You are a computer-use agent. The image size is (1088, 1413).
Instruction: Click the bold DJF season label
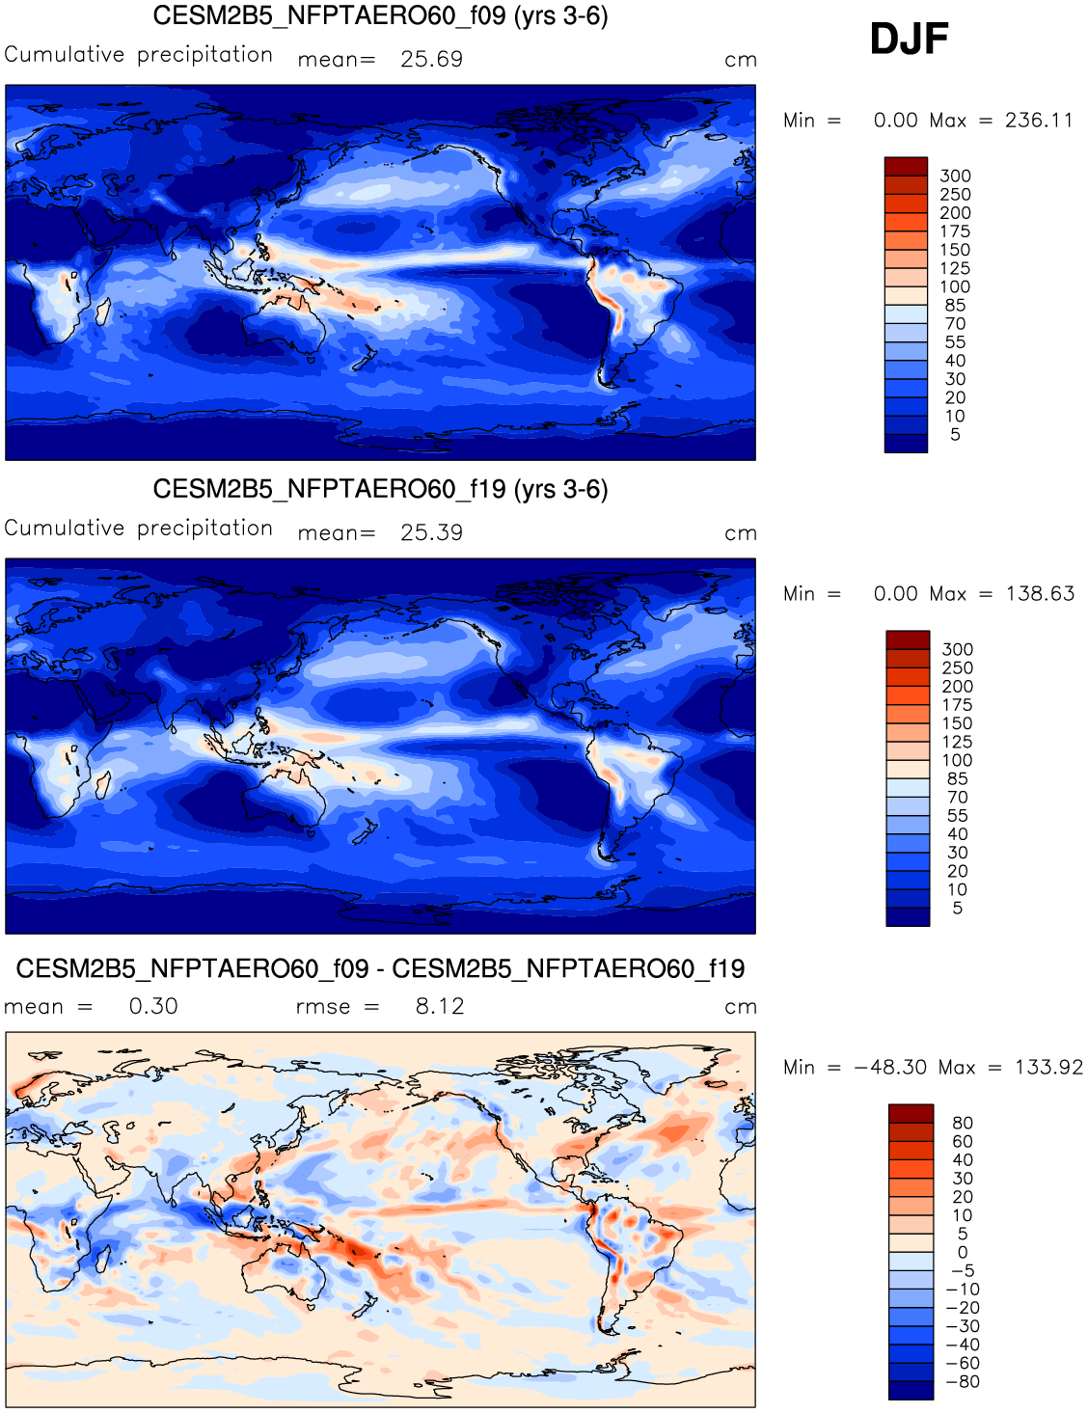tap(909, 40)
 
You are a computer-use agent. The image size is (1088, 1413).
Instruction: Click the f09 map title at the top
tap(380, 16)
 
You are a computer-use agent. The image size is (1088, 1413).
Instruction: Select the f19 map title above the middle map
tap(380, 490)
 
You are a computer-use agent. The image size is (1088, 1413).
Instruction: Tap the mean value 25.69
tap(431, 60)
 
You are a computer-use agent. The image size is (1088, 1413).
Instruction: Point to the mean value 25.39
tap(431, 533)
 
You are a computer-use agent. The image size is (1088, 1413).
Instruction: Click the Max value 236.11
tap(1039, 121)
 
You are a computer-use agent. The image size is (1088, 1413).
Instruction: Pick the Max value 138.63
tap(1040, 594)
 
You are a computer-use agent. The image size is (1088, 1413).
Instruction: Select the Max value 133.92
tap(1048, 1068)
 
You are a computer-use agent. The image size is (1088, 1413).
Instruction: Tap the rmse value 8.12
tap(440, 1007)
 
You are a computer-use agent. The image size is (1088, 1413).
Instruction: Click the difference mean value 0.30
tap(153, 1007)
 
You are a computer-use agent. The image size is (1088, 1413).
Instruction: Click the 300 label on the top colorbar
tap(955, 177)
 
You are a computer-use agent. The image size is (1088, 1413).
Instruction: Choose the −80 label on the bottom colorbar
tap(963, 1382)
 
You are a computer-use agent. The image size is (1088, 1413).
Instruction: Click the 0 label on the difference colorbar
tap(963, 1253)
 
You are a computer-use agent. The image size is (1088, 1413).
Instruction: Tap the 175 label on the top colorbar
tap(955, 231)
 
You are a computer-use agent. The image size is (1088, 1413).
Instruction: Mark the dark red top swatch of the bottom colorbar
tap(911, 1114)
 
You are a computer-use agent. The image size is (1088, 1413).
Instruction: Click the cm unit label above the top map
tap(741, 61)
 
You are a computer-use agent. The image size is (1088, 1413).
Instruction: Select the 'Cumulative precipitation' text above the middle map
tap(139, 529)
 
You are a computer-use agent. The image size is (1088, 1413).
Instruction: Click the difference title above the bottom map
tap(380, 969)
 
